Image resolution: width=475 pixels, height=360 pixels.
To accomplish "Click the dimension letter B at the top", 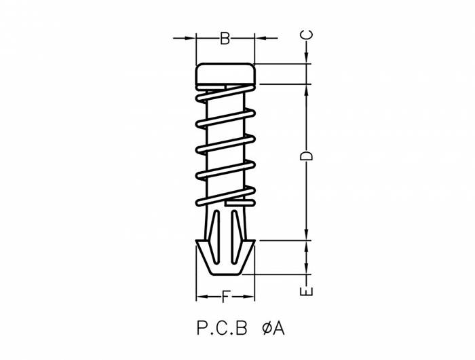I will point(225,39).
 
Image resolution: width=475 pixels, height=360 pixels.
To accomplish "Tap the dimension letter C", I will point(307,34).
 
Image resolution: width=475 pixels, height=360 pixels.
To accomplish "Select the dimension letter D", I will point(307,156).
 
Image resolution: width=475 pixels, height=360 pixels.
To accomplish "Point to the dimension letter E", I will point(307,291).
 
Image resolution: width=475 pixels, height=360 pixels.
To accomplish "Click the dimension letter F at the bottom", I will point(225,297).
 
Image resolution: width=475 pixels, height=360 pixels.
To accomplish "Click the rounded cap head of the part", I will point(225,74).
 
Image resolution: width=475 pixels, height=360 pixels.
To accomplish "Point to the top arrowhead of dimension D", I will point(307,89).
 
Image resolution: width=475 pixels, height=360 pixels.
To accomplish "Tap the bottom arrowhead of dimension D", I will point(307,235).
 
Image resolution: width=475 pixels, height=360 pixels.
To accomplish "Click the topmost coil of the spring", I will point(225,94).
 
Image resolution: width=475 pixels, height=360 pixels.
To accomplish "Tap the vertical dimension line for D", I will point(307,190).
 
